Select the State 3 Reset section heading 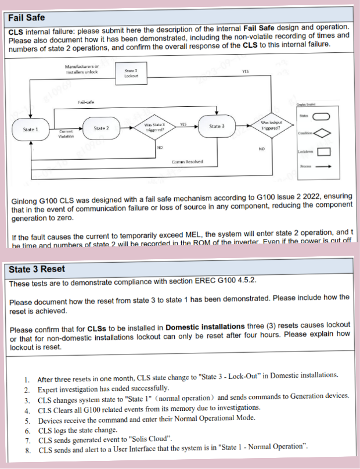[37, 270]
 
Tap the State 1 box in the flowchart [30, 129]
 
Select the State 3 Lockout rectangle [131, 74]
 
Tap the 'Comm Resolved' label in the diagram [187, 162]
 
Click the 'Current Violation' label [65, 134]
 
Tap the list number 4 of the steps [27, 410]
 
